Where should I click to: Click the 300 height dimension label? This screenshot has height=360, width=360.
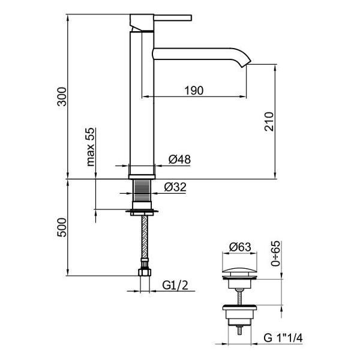(x=62, y=97)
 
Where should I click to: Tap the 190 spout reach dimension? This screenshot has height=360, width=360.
(x=194, y=91)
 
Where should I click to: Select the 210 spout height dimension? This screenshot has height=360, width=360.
(x=269, y=121)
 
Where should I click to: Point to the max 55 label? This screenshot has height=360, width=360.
(x=91, y=147)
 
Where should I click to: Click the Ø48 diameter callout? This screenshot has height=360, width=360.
(x=179, y=160)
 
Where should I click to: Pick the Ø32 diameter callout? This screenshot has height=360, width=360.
(x=175, y=187)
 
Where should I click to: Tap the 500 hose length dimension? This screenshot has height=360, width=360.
(x=62, y=227)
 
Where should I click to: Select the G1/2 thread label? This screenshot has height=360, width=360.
(x=175, y=285)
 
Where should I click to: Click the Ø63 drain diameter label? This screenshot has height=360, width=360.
(x=240, y=247)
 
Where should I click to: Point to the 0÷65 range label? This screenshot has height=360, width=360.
(x=275, y=253)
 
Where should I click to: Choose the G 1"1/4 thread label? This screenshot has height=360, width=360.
(x=283, y=338)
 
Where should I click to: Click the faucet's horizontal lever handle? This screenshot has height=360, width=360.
(x=173, y=17)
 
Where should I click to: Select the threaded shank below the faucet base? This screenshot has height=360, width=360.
(x=142, y=191)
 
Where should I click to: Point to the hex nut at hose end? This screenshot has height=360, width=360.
(x=145, y=272)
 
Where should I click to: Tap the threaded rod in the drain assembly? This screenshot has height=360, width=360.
(x=239, y=297)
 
